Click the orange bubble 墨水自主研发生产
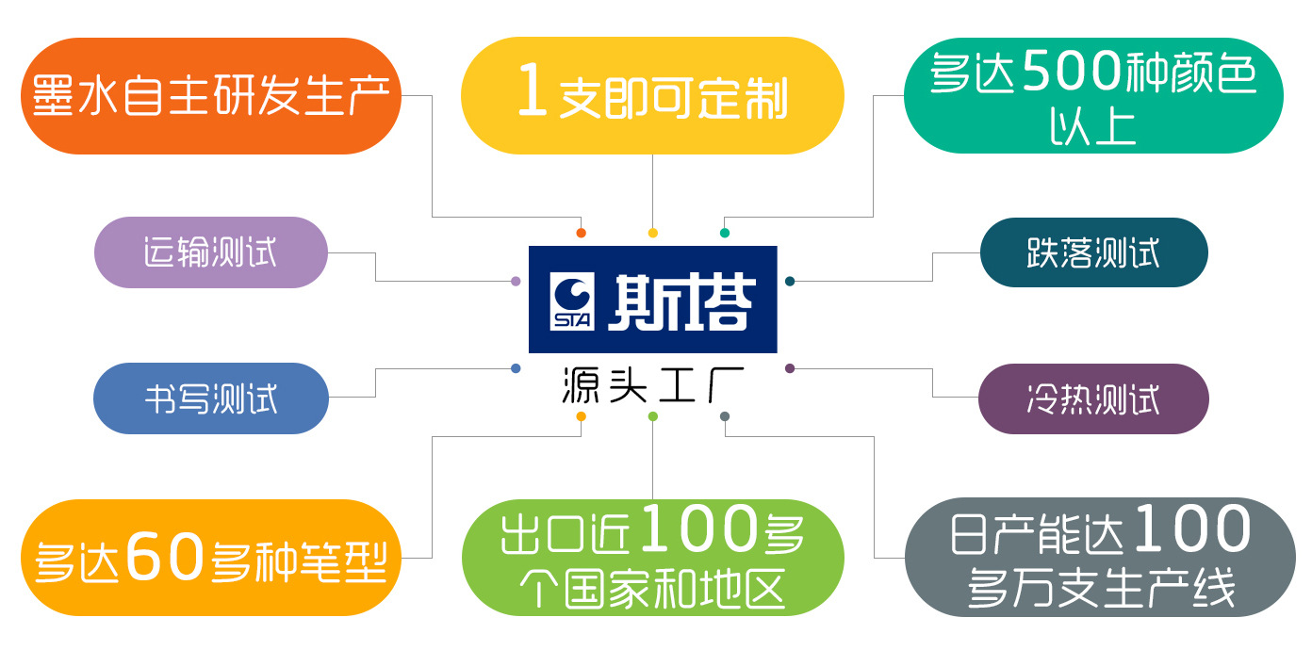(x=211, y=96)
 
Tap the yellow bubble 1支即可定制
(x=652, y=96)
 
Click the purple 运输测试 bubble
(x=210, y=252)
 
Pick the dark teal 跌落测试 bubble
(x=1093, y=252)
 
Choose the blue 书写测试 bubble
(x=210, y=398)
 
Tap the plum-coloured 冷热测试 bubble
(x=1093, y=398)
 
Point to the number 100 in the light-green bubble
(x=697, y=531)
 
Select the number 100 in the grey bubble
(x=1191, y=529)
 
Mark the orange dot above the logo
(x=581, y=233)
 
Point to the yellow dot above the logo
(x=652, y=233)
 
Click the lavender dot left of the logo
(x=516, y=281)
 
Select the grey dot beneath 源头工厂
(x=725, y=416)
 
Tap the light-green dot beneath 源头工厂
(x=652, y=416)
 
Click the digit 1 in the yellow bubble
(x=533, y=94)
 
